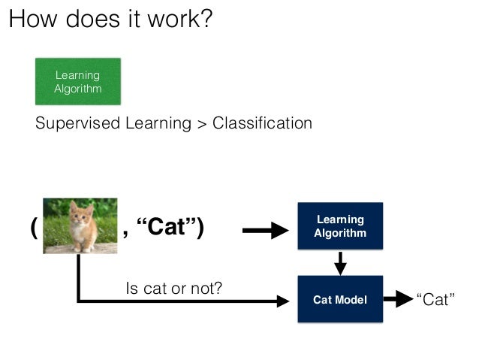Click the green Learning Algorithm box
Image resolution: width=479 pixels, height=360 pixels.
click(x=77, y=81)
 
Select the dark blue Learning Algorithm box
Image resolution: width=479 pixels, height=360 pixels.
click(x=340, y=225)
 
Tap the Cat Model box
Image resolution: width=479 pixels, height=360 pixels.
click(x=340, y=299)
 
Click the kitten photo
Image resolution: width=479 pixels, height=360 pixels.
click(x=80, y=225)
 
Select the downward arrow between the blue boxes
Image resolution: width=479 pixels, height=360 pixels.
click(x=340, y=262)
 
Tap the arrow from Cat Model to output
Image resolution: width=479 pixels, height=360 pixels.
click(x=396, y=300)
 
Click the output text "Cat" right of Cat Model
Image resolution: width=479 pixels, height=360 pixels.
click(x=435, y=300)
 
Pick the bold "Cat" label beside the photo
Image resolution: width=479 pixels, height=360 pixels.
click(x=169, y=227)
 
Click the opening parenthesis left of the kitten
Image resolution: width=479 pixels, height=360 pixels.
click(x=34, y=227)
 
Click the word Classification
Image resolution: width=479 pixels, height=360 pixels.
click(x=262, y=123)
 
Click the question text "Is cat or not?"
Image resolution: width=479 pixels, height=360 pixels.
click(x=173, y=287)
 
